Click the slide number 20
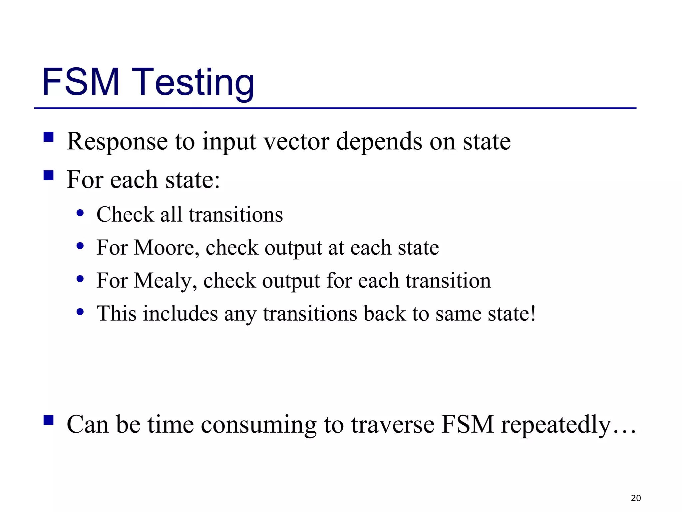(x=636, y=498)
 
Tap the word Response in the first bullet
(x=117, y=142)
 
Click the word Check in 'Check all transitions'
(x=125, y=214)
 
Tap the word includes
(x=180, y=314)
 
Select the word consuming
(x=259, y=425)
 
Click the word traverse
(x=393, y=425)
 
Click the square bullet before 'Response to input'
(x=49, y=137)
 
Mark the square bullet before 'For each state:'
(x=49, y=175)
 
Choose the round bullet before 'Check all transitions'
(x=80, y=213)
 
